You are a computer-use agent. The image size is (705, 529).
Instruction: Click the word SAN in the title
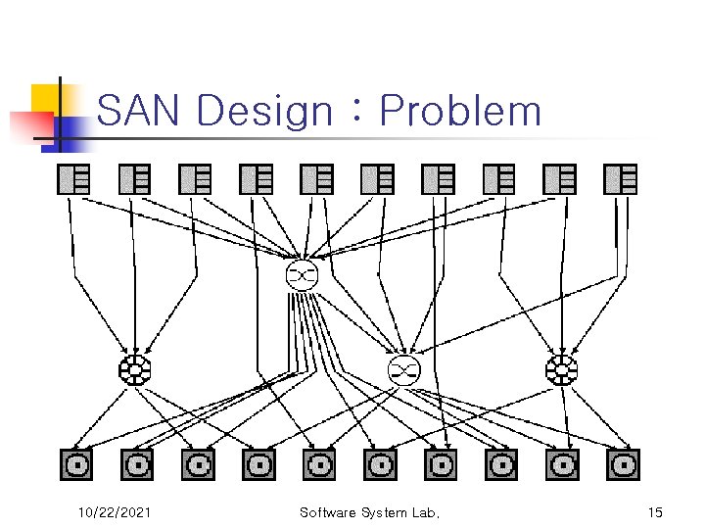pyautogui.click(x=138, y=110)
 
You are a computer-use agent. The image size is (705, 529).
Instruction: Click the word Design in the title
pyautogui.click(x=264, y=112)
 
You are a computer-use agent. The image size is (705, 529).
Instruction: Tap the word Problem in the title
pyautogui.click(x=460, y=110)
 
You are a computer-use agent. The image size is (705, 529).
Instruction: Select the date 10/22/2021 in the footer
pyautogui.click(x=115, y=512)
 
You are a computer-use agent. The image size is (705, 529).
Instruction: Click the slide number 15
pyautogui.click(x=655, y=512)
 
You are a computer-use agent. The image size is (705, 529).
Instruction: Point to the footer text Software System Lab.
pyautogui.click(x=369, y=512)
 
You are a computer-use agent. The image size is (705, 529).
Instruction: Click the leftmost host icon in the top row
pyautogui.click(x=73, y=179)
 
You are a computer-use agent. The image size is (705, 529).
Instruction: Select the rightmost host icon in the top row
pyautogui.click(x=620, y=179)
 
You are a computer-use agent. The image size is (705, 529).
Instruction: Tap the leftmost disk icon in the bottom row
pyautogui.click(x=76, y=464)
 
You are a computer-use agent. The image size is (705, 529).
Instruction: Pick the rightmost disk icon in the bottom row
pyautogui.click(x=623, y=464)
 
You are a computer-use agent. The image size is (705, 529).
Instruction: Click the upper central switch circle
pyautogui.click(x=302, y=274)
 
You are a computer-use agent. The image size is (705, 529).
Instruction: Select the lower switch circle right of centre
pyautogui.click(x=404, y=369)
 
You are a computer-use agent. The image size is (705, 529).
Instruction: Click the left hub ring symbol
pyautogui.click(x=134, y=369)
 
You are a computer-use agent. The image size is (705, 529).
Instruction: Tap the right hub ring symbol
pyautogui.click(x=562, y=369)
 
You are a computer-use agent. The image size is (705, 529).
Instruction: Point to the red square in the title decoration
pyautogui.click(x=32, y=126)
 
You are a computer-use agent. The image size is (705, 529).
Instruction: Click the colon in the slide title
pyautogui.click(x=357, y=110)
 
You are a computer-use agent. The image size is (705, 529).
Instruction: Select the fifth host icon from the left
pyautogui.click(x=316, y=179)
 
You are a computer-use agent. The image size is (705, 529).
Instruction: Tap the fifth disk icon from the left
pyautogui.click(x=319, y=464)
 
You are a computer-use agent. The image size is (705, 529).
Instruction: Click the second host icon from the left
pyautogui.click(x=134, y=179)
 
